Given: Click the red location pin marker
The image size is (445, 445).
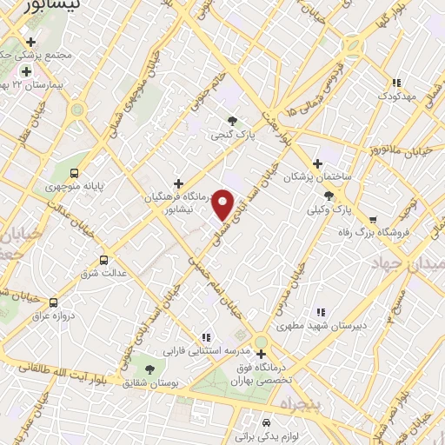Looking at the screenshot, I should (x=223, y=204).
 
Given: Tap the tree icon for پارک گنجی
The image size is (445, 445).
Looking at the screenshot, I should (x=232, y=121).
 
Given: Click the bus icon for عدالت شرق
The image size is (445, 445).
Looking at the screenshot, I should (x=104, y=260).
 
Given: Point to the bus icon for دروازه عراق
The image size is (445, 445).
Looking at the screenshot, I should (x=54, y=302).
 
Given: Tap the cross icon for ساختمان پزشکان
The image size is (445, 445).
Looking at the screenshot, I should (x=318, y=163).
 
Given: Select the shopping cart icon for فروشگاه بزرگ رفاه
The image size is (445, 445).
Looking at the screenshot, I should (x=373, y=220).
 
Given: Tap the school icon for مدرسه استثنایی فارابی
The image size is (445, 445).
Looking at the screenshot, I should (x=206, y=337).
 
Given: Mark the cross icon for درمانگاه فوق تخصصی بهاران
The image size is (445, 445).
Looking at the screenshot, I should (x=261, y=354).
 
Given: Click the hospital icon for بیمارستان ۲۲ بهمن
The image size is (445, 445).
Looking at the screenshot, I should (x=26, y=71).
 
